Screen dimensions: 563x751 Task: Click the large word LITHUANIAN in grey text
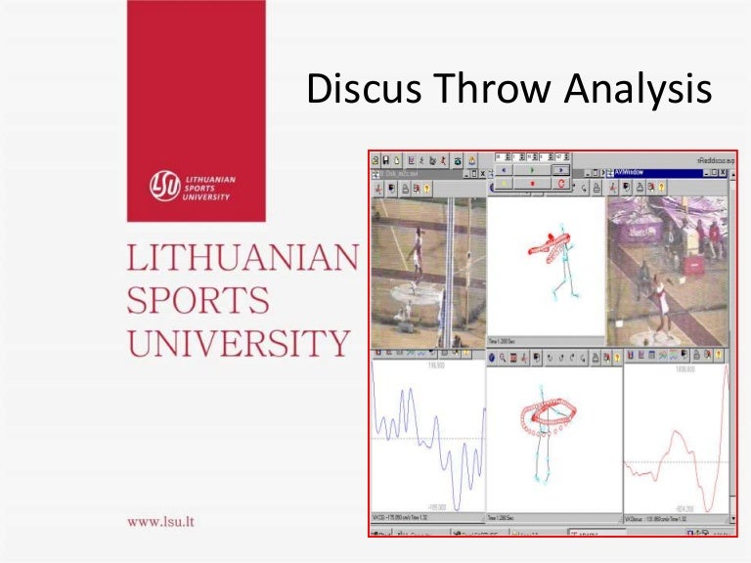(243, 260)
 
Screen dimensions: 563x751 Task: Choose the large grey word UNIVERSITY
(238, 343)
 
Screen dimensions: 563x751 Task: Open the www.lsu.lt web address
(160, 520)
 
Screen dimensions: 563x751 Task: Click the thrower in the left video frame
(415, 255)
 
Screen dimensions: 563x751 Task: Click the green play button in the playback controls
(531, 168)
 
